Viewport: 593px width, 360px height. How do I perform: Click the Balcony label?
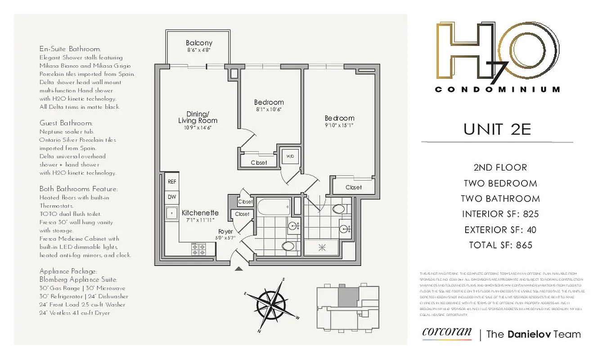click(x=199, y=43)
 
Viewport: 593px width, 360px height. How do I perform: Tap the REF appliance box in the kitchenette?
click(x=172, y=182)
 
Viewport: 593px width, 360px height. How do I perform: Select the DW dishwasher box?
click(x=172, y=197)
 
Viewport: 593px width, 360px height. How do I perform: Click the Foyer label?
click(x=225, y=231)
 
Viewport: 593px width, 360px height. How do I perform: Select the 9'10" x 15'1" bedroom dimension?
click(x=339, y=126)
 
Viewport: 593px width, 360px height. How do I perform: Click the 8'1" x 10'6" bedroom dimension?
click(x=269, y=109)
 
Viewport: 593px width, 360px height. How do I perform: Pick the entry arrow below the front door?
click(x=239, y=269)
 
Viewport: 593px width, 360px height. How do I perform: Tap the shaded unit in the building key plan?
click(x=346, y=297)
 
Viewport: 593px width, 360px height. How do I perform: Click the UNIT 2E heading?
click(x=497, y=129)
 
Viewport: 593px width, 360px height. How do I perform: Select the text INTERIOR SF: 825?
click(x=500, y=214)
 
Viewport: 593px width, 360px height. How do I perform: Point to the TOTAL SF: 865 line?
click(x=500, y=245)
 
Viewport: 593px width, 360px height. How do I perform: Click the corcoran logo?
click(x=446, y=333)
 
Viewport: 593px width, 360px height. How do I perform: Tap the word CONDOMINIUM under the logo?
click(x=498, y=90)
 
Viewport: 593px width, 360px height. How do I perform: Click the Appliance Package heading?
click(x=68, y=271)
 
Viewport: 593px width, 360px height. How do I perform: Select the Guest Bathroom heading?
click(x=66, y=123)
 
